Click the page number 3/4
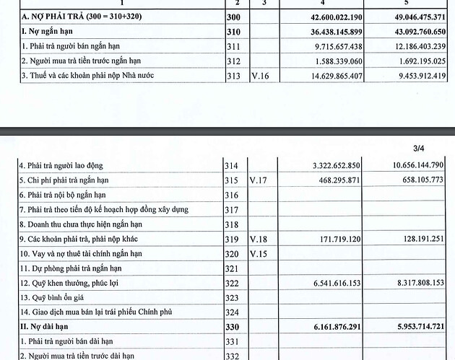419,149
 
